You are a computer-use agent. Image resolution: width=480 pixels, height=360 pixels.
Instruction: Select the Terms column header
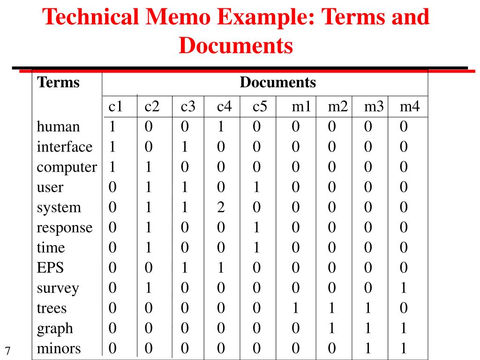(x=59, y=83)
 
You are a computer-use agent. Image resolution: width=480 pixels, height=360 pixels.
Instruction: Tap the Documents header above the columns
(x=277, y=83)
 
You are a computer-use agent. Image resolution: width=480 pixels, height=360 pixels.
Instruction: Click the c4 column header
(x=224, y=107)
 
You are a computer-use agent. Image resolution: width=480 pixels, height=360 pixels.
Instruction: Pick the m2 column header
(x=337, y=107)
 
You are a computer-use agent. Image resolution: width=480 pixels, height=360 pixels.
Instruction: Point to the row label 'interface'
(x=65, y=147)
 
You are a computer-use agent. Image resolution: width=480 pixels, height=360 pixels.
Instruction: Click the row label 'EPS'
(x=50, y=268)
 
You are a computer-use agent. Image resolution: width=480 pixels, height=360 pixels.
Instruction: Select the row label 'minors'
(x=59, y=349)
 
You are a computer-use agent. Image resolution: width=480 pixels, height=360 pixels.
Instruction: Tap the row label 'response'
(x=65, y=228)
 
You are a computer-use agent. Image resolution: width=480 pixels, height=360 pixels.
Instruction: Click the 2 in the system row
(x=221, y=208)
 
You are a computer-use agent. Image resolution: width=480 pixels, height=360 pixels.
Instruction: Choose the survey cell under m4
(x=404, y=288)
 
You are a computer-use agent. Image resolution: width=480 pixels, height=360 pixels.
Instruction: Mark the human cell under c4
(x=221, y=127)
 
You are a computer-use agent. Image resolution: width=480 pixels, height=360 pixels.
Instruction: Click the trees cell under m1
(x=295, y=308)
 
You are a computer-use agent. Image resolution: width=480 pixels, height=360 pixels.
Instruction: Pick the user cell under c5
(x=256, y=187)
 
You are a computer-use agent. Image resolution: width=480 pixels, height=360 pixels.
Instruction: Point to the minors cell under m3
(x=368, y=349)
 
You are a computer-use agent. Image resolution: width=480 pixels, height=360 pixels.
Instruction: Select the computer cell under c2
(x=148, y=167)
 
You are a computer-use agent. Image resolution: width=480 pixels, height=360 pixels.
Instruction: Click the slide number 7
(x=8, y=351)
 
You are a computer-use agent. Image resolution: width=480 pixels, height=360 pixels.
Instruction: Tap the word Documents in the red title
(x=236, y=46)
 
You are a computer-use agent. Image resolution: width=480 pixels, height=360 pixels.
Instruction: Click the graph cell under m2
(x=332, y=329)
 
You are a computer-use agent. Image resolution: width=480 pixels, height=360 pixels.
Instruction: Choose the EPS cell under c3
(x=185, y=268)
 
